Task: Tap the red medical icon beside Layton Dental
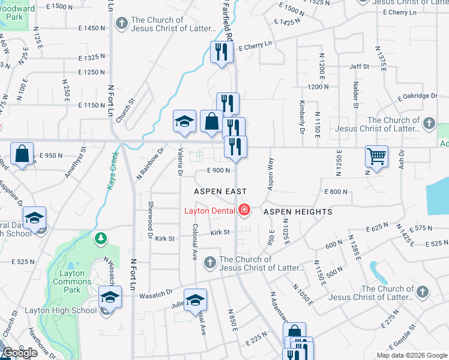pyautogui.click(x=243, y=210)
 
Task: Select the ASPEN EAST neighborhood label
pyautogui.click(x=220, y=191)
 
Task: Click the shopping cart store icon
pyautogui.click(x=376, y=157)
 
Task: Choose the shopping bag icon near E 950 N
pyautogui.click(x=22, y=154)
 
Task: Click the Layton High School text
pyautogui.click(x=60, y=310)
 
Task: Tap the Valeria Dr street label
pyautogui.click(x=179, y=163)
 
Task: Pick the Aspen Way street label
pyautogui.click(x=271, y=175)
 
